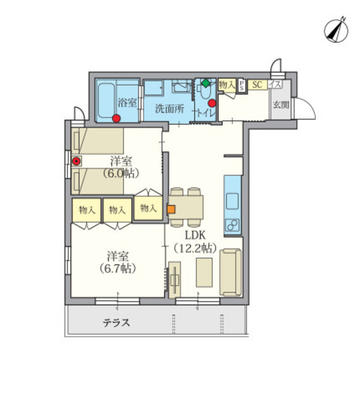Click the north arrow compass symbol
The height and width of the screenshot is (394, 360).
pos(336,30)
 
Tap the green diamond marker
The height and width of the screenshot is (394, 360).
pos(206,83)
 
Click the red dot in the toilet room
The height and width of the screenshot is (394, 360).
pos(212,103)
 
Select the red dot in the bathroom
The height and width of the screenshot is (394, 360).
pos(116,118)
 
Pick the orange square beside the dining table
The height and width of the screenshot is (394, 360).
pos(171,209)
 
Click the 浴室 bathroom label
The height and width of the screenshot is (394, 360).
pos(127,103)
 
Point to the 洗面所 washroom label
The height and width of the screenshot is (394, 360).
pos(169,108)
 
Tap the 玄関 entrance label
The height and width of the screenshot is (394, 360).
pos(281,105)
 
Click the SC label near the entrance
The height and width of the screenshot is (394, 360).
pos(257,85)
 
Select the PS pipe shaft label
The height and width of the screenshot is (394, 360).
pos(241,86)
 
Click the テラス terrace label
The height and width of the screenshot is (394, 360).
pos(116,322)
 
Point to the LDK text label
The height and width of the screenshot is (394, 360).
pos(195,236)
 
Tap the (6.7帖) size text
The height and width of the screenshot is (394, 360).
pos(118,269)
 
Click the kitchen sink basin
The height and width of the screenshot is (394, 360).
pos(232,201)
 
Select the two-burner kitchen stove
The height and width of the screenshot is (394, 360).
pos(232,225)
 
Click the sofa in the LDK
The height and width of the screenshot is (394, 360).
pos(231,273)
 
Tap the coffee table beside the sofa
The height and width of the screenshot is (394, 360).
pos(204,272)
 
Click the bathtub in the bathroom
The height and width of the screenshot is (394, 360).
pos(106,100)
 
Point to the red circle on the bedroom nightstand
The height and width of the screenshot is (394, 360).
pos(76,161)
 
